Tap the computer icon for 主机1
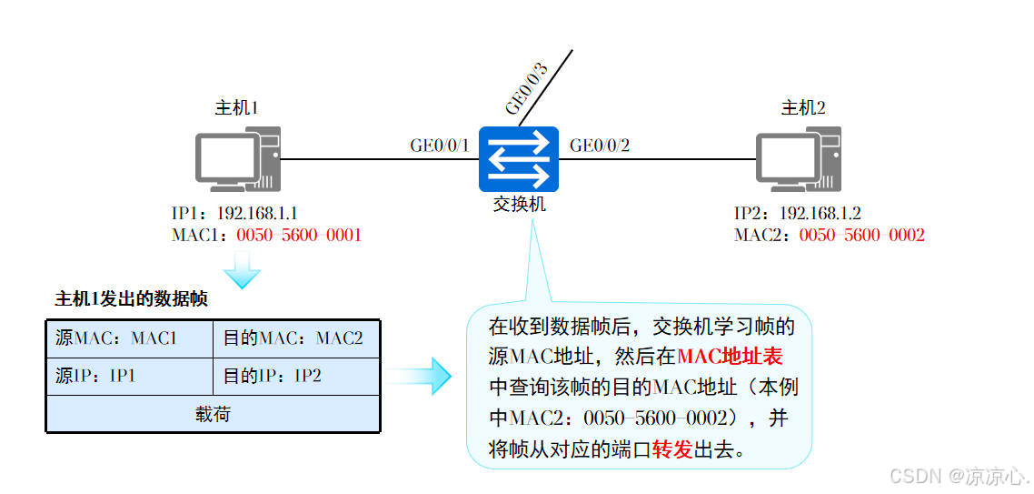pyautogui.click(x=238, y=160)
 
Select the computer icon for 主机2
pyautogui.click(x=800, y=160)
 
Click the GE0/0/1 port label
pyautogui.click(x=440, y=146)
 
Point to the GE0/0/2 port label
pyautogui.click(x=600, y=146)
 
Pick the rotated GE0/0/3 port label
pyautogui.click(x=527, y=89)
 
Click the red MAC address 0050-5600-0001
pyautogui.click(x=299, y=236)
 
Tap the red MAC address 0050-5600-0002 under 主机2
pyautogui.click(x=861, y=236)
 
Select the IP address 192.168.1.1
pyautogui.click(x=257, y=214)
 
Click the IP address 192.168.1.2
pyautogui.click(x=820, y=214)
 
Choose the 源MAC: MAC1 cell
pyautogui.click(x=128, y=338)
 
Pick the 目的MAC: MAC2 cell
pyautogui.click(x=296, y=338)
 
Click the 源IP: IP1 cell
pyautogui.click(x=128, y=376)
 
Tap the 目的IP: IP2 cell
pyautogui.click(x=296, y=376)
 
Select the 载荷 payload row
pyautogui.click(x=213, y=414)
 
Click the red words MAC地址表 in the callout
pyautogui.click(x=730, y=355)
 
